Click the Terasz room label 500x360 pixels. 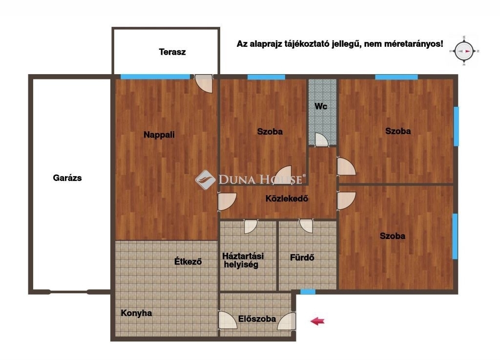[x=172, y=52]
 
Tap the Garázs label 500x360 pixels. [x=67, y=178]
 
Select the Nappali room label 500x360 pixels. [x=159, y=135]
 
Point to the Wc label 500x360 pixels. [x=321, y=106]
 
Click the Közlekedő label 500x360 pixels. [x=287, y=199]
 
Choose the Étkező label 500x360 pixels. [x=188, y=261]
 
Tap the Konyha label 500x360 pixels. [x=137, y=313]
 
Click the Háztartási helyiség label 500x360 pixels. [x=243, y=260]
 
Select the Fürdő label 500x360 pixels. [x=302, y=258]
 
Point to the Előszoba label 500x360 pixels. [x=257, y=319]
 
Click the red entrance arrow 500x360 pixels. [x=317, y=321]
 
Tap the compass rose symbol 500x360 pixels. [x=464, y=51]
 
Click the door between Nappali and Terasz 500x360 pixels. [x=204, y=83]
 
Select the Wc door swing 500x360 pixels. [x=321, y=140]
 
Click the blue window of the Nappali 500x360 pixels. [x=155, y=77]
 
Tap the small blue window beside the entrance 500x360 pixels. [x=308, y=292]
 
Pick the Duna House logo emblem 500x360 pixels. [x=206, y=180]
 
